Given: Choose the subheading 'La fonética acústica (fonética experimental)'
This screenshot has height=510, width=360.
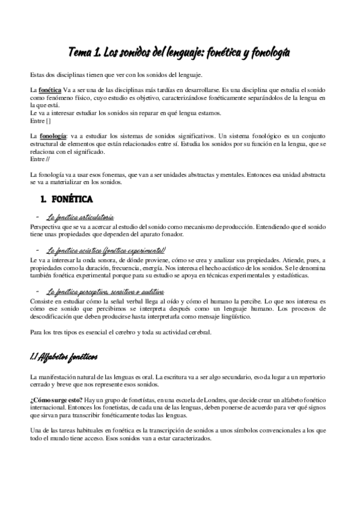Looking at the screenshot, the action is tap(106, 250).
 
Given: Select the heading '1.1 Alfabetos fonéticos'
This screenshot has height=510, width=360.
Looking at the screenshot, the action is tap(64, 357).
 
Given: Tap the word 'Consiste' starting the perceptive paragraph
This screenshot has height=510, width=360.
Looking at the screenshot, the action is tap(41, 300).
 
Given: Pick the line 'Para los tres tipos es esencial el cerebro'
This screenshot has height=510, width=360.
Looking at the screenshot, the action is tap(120, 333).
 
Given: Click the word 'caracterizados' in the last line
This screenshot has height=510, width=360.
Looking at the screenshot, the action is tap(192, 439).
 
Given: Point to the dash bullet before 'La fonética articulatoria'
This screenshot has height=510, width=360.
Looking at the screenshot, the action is tap(38, 217).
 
